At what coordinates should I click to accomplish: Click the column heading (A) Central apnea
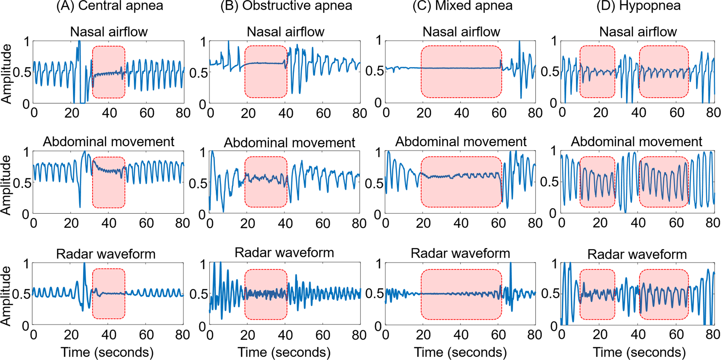pyautogui.click(x=110, y=6)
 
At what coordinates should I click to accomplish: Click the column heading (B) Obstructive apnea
pyautogui.click(x=286, y=6)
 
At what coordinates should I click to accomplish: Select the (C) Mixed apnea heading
pyautogui.click(x=462, y=6)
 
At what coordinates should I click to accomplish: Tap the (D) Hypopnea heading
pyautogui.click(x=638, y=6)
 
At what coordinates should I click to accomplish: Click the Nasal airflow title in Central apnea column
pyautogui.click(x=109, y=32)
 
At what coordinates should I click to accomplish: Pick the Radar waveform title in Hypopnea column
pyautogui.click(x=637, y=254)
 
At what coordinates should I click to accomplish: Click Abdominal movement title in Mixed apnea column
pyautogui.click(x=461, y=142)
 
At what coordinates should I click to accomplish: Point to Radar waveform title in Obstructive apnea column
pyautogui.click(x=284, y=253)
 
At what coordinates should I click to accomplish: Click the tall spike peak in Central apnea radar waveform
pyautogui.click(x=84, y=264)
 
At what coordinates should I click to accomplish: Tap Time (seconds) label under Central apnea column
pyautogui.click(x=107, y=352)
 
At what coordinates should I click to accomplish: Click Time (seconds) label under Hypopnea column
pyautogui.click(x=639, y=352)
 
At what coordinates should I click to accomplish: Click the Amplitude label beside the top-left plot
pyautogui.click(x=6, y=74)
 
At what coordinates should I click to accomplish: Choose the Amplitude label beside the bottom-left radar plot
pyautogui.click(x=6, y=295)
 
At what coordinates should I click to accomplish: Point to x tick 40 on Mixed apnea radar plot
pyautogui.click(x=461, y=335)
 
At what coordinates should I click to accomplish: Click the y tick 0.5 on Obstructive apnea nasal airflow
pyautogui.click(x=198, y=72)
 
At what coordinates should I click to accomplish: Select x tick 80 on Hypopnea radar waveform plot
pyautogui.click(x=712, y=335)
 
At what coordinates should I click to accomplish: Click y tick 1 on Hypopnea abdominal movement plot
pyautogui.click(x=554, y=151)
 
